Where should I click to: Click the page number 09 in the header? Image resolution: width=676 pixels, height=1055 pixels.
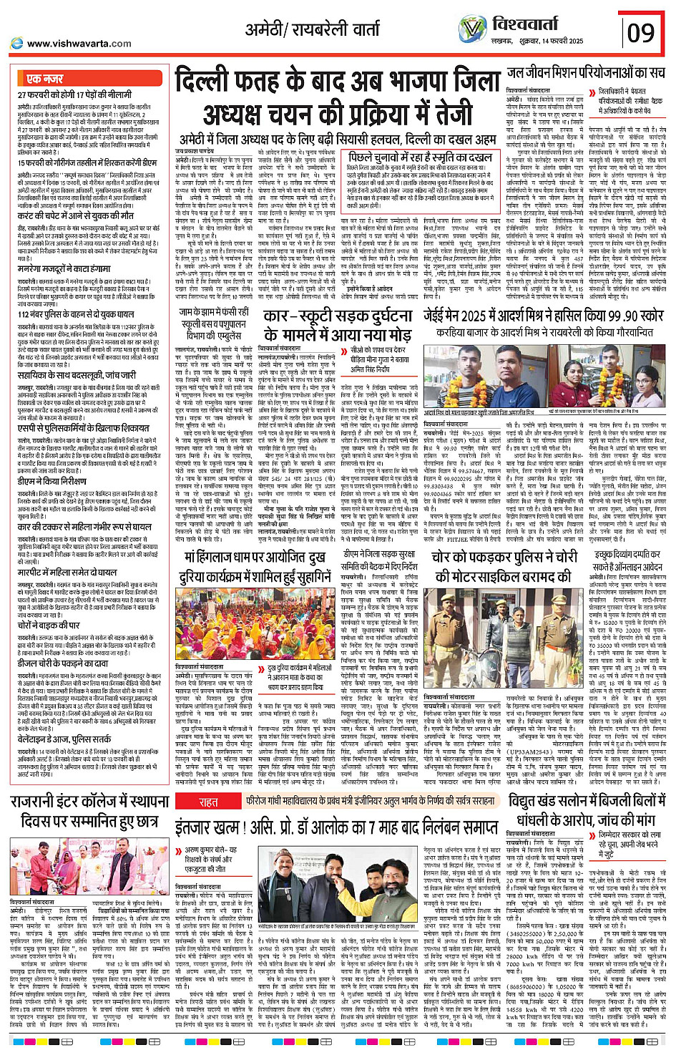coord(641,32)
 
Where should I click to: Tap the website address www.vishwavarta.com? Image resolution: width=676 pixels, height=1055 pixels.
coord(79,44)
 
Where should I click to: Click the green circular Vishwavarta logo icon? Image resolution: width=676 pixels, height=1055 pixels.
coord(472,29)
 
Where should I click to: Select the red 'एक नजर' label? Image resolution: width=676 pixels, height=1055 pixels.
coord(45,79)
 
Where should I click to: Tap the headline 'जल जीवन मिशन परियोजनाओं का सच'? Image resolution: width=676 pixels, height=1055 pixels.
coord(586,73)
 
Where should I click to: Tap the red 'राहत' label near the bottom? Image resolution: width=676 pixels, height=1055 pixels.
coord(208,802)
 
